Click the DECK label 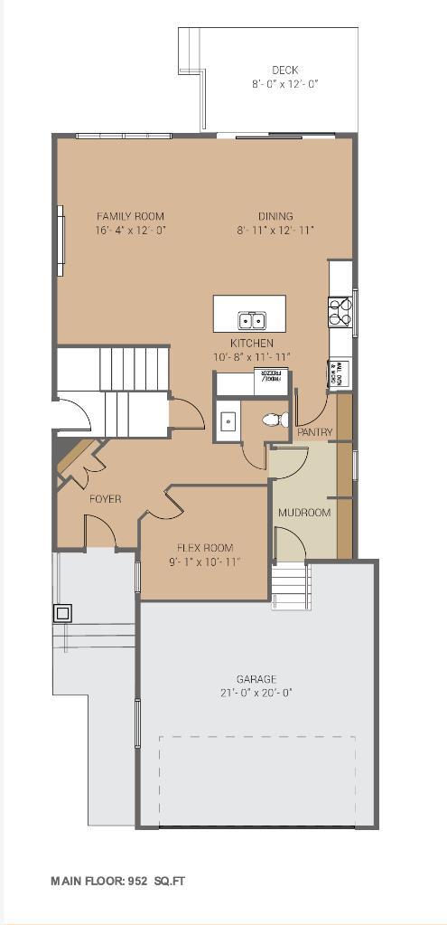(284, 70)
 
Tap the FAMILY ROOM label (130, 216)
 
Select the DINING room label (275, 216)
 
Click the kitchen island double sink (251, 319)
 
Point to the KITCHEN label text (251, 344)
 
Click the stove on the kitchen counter (340, 313)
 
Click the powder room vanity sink (229, 420)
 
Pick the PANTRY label (314, 432)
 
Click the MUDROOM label (303, 513)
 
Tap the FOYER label (105, 499)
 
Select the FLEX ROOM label (205, 548)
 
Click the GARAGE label (257, 679)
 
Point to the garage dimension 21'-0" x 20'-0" (257, 693)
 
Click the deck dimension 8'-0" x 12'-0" (284, 84)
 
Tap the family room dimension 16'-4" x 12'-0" (130, 230)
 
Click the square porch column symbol (61, 613)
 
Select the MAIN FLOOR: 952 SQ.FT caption (117, 880)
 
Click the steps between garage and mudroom (290, 583)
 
